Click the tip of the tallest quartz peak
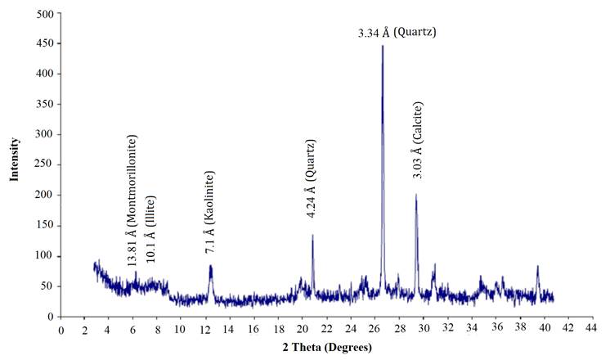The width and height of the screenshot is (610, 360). point(382,46)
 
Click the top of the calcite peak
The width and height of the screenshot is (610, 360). point(416,195)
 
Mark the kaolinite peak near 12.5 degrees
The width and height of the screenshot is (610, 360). point(211,266)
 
